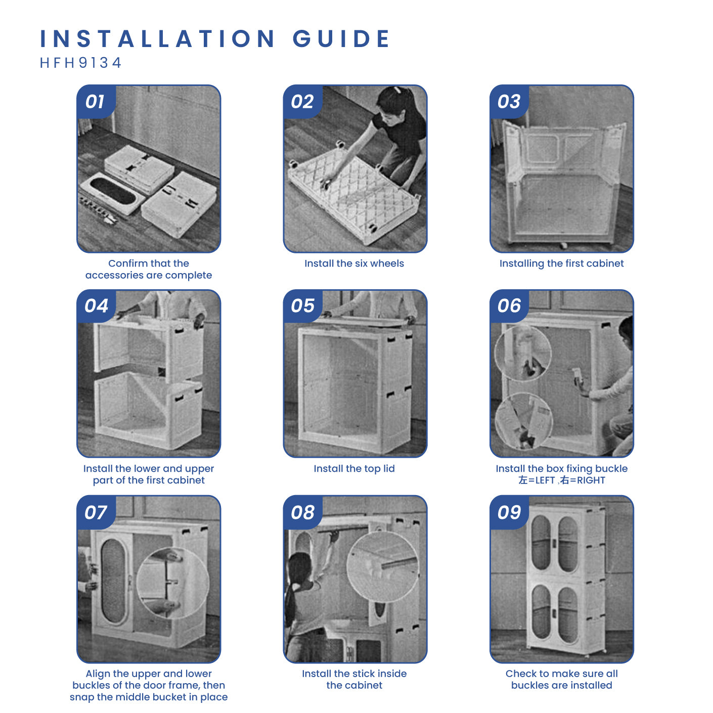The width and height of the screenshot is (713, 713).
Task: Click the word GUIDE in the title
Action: (341, 38)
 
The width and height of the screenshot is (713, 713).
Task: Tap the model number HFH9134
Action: (81, 63)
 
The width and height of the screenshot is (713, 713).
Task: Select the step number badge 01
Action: (96, 102)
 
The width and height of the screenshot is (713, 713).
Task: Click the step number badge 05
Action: (302, 306)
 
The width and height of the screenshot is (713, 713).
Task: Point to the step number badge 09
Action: (509, 512)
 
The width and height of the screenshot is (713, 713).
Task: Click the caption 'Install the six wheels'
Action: (354, 263)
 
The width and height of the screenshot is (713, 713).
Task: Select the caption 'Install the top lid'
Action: (354, 468)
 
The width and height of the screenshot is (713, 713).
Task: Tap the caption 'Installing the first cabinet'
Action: (561, 263)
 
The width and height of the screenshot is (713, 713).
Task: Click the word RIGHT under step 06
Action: (591, 480)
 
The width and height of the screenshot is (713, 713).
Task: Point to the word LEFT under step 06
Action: (545, 480)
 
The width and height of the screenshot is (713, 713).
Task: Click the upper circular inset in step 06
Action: (522, 353)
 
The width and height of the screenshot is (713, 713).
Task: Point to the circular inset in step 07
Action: (173, 583)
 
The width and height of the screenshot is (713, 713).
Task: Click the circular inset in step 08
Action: (383, 567)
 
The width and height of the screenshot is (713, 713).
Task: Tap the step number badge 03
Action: (509, 102)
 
